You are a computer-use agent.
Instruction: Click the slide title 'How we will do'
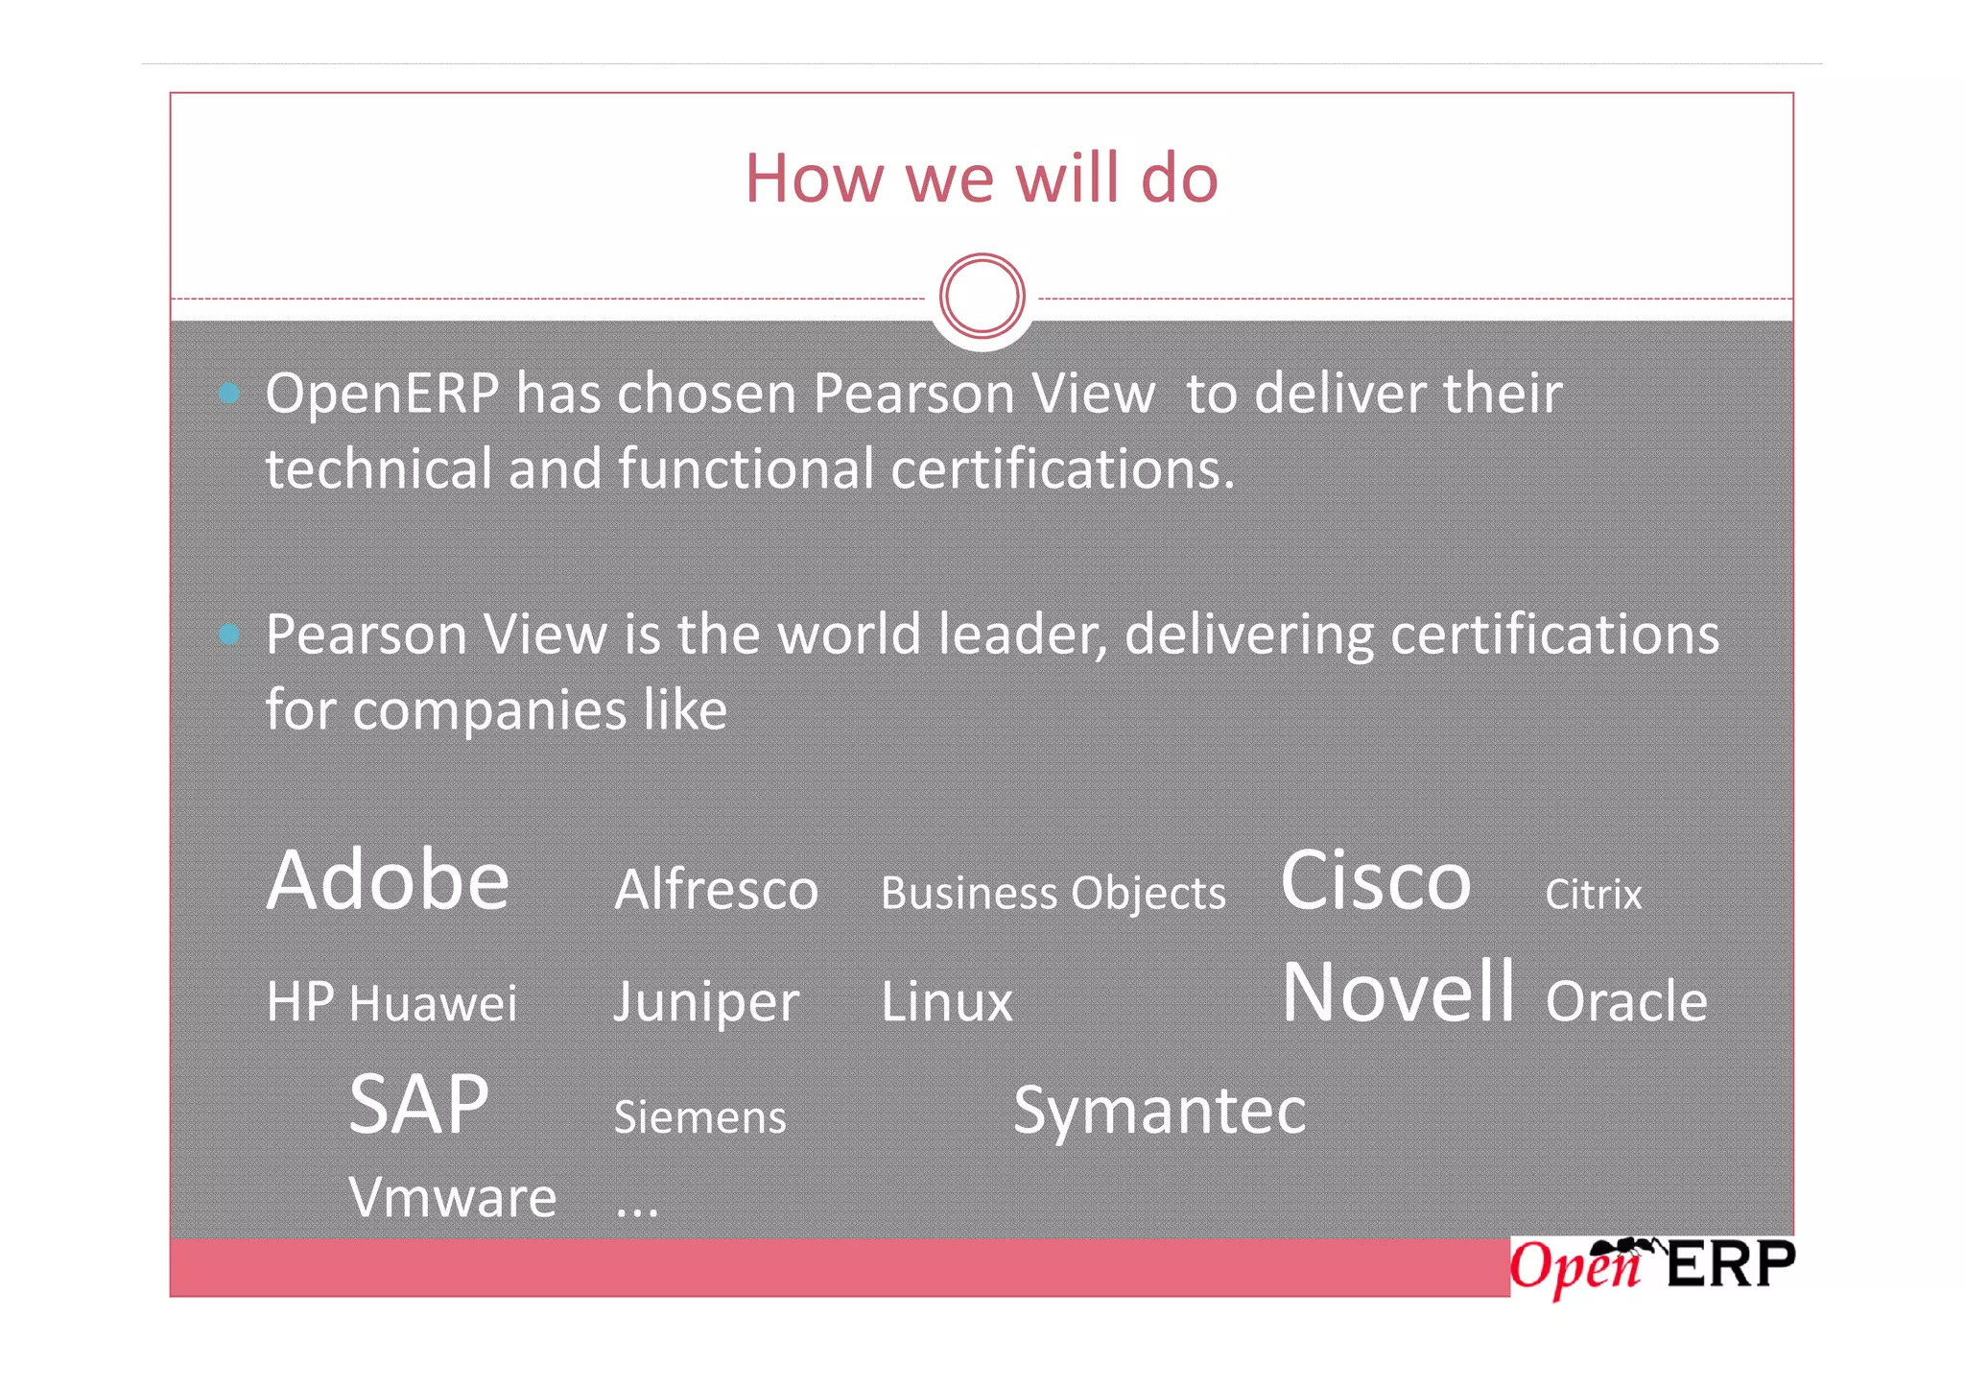click(x=982, y=179)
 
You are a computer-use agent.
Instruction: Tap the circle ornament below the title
click(x=982, y=296)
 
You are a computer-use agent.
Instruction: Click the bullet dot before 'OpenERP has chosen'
click(x=229, y=393)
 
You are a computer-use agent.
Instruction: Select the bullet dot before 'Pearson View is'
click(x=229, y=634)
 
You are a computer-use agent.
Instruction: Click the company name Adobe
click(x=388, y=880)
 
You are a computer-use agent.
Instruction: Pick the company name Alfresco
click(x=716, y=890)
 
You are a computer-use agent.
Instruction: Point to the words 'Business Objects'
click(x=1053, y=894)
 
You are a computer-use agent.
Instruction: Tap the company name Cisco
click(x=1375, y=880)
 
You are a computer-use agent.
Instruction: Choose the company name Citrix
click(x=1593, y=895)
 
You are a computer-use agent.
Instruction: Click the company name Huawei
click(x=433, y=1004)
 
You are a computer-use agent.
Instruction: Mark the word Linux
click(x=946, y=1003)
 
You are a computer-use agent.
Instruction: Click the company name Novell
click(x=1398, y=992)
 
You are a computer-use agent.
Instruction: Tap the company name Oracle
click(x=1626, y=1002)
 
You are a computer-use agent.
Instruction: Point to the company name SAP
click(x=418, y=1105)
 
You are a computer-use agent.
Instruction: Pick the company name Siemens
click(x=699, y=1117)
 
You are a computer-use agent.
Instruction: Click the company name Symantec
click(x=1159, y=1111)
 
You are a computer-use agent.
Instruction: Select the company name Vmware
click(x=452, y=1198)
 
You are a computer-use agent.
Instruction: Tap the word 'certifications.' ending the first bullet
click(x=1062, y=469)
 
